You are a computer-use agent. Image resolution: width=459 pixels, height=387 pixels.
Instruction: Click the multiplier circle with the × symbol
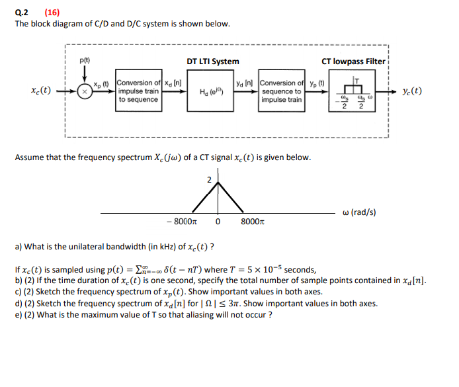point(85,92)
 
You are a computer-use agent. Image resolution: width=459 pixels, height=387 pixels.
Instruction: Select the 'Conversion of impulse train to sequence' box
point(138,91)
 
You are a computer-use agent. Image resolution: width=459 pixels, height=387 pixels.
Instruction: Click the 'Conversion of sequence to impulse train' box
point(282,91)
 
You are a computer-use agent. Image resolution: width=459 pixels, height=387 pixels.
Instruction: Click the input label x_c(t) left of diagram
point(41,91)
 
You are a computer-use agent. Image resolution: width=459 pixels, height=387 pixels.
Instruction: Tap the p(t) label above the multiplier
point(84,60)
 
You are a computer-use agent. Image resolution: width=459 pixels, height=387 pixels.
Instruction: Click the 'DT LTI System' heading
point(212,61)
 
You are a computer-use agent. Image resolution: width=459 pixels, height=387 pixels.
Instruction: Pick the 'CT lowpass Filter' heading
point(353,61)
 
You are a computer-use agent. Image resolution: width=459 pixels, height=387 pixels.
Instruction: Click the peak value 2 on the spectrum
point(208,179)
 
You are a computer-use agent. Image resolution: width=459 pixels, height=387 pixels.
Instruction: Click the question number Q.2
point(22,11)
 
